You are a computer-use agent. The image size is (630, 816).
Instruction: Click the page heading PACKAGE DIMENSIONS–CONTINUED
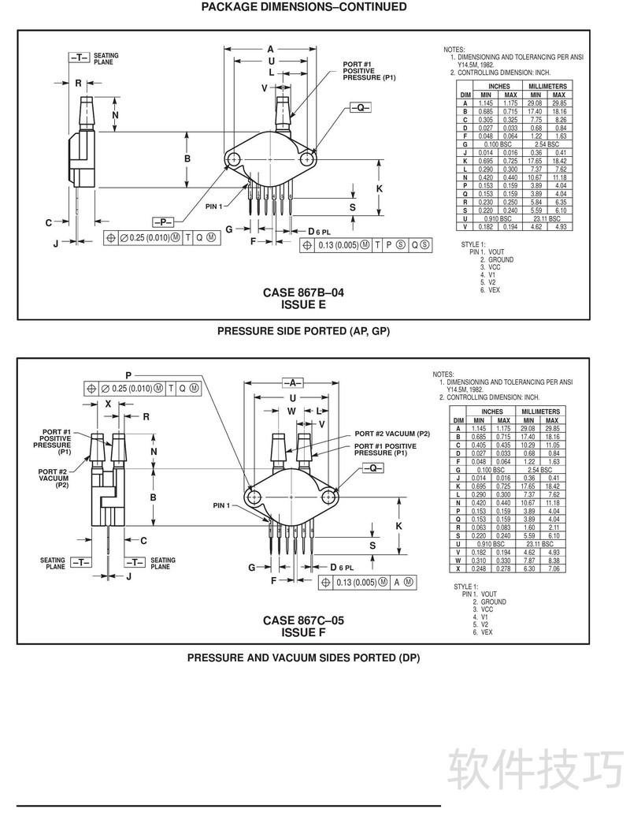[x=304, y=7]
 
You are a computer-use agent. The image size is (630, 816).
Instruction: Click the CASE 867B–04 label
[x=303, y=292]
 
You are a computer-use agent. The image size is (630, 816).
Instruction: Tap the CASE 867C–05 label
[x=303, y=620]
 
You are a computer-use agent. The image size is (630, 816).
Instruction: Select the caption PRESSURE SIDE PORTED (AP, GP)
[x=303, y=331]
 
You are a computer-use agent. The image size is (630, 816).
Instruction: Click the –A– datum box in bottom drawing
[x=294, y=382]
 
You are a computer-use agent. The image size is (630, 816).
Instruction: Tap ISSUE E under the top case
[x=303, y=304]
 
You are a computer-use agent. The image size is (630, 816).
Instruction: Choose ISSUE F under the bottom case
[x=303, y=632]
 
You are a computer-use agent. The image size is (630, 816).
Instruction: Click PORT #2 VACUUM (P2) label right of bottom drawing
[x=391, y=434]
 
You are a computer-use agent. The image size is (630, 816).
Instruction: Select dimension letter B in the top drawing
[x=187, y=159]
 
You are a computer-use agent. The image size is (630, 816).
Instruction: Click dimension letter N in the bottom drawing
[x=154, y=452]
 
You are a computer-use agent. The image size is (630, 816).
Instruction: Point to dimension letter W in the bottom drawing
[x=291, y=411]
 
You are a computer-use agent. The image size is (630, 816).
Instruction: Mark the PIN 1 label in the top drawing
[x=214, y=207]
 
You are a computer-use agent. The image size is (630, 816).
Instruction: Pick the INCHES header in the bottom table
[x=492, y=412]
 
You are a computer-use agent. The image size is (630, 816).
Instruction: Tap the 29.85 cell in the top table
[x=559, y=103]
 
